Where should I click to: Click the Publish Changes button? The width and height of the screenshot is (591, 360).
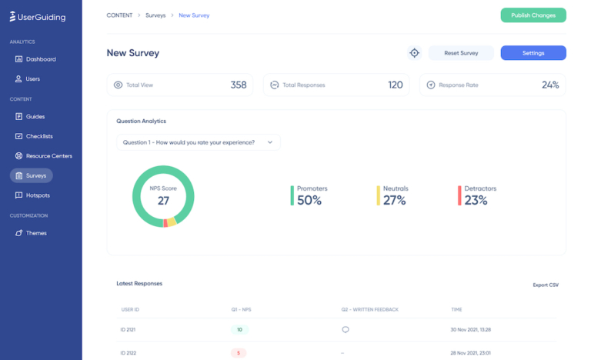tap(533, 15)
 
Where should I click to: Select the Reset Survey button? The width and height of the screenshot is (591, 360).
tap(461, 53)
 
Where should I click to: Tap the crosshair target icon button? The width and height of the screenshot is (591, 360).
tap(414, 53)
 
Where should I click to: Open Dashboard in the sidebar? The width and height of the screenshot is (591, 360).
tap(40, 59)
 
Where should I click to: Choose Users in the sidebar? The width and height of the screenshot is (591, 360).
tap(32, 78)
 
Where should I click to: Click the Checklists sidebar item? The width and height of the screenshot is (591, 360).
tap(39, 136)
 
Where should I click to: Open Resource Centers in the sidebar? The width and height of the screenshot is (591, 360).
tap(48, 155)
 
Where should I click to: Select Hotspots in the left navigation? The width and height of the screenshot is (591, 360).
tap(38, 195)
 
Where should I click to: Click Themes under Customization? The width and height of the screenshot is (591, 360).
tap(36, 233)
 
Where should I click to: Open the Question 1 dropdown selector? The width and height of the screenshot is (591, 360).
tap(198, 142)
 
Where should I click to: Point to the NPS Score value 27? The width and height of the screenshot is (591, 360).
tap(163, 201)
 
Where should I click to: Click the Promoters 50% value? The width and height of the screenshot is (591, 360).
tap(309, 201)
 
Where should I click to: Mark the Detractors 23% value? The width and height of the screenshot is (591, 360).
tap(476, 201)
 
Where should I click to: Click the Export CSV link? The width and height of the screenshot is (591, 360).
tap(546, 285)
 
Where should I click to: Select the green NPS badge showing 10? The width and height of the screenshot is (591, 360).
tap(239, 329)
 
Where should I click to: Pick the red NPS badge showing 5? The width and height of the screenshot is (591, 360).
tap(239, 353)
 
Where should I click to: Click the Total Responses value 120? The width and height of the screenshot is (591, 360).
tap(395, 85)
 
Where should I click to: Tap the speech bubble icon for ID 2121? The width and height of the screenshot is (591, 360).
tap(346, 329)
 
